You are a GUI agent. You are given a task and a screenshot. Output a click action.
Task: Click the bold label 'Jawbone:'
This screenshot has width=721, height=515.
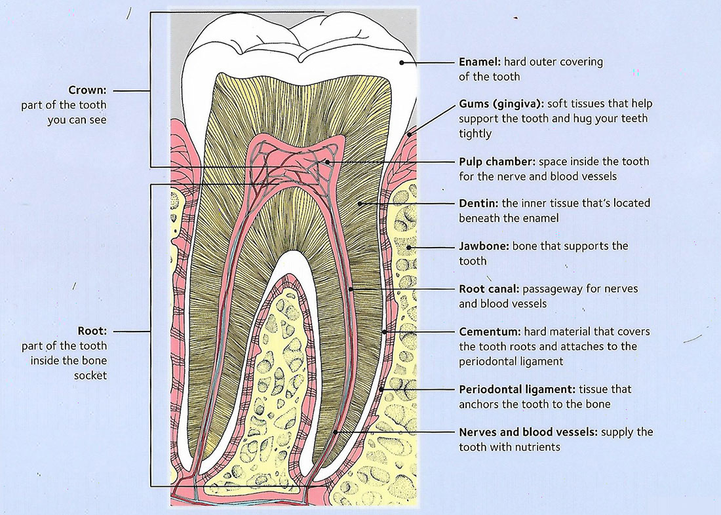point(483,246)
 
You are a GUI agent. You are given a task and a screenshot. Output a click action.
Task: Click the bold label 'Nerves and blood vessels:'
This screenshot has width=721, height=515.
point(528,432)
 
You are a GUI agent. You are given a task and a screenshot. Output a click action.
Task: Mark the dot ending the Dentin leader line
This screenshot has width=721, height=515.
point(360,203)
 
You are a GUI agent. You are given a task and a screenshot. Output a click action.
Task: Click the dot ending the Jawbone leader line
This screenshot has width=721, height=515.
point(409,247)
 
